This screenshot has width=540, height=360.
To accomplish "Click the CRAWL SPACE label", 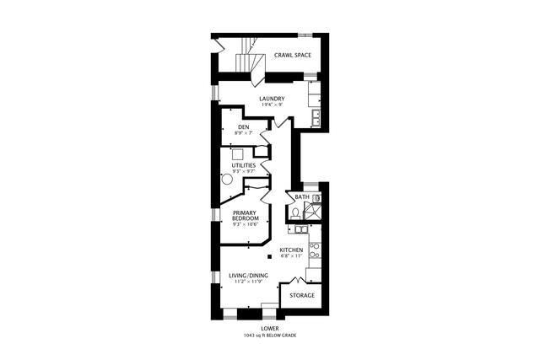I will click(293, 56).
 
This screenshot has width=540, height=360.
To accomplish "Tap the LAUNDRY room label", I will click(272, 99).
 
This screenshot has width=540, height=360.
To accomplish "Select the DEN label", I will click(243, 127).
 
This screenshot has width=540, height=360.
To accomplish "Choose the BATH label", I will click(301, 198).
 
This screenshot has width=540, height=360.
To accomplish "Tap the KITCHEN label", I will click(292, 250).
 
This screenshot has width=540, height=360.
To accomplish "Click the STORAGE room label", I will click(302, 295).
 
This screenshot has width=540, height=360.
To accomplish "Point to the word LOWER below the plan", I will click(270, 328).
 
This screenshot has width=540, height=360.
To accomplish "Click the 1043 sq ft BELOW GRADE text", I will click(270, 336).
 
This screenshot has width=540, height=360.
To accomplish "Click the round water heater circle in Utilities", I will click(227, 179).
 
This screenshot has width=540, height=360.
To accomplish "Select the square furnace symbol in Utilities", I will click(237, 153).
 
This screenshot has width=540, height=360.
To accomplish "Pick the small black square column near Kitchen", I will click(269, 256).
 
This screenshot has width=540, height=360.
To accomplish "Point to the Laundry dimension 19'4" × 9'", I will click(272, 105).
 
